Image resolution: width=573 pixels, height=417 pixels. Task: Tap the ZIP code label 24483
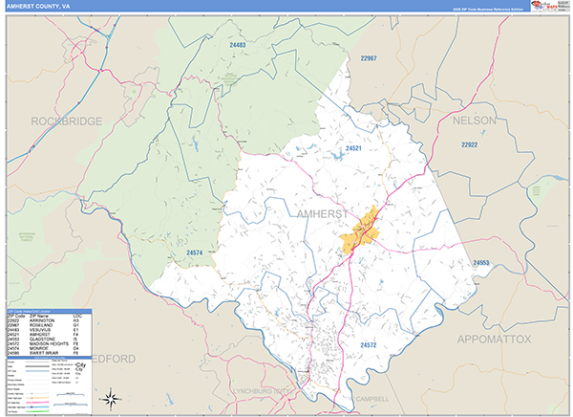tap(238, 45)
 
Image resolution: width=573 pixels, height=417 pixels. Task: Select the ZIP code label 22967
tap(370, 58)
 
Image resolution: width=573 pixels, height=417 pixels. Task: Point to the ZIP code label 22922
tap(469, 145)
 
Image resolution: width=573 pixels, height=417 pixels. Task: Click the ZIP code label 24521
tap(354, 149)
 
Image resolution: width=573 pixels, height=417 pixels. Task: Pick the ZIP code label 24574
tap(195, 252)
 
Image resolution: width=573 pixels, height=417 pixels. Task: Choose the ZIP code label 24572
tap(370, 343)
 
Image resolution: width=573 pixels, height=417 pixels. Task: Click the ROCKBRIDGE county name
tap(66, 121)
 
